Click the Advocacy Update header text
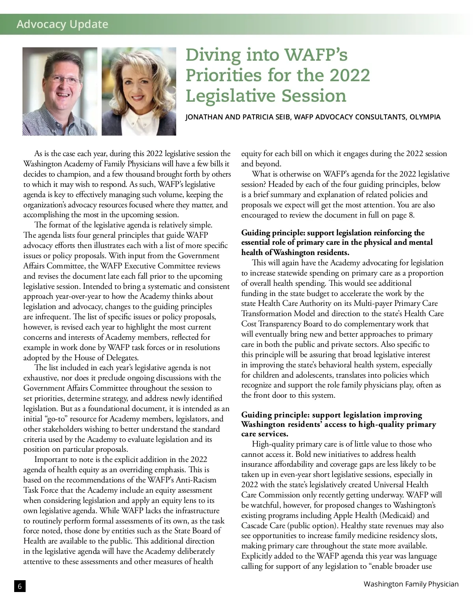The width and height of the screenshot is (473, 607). pos(62,24)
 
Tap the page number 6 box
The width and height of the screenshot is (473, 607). pos(19,586)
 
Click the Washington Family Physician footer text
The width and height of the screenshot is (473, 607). pos(411,584)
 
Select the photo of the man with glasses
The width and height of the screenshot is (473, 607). pos(60,91)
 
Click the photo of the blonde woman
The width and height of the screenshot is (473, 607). pos(139,91)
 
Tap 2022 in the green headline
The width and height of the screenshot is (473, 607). pos(350,75)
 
